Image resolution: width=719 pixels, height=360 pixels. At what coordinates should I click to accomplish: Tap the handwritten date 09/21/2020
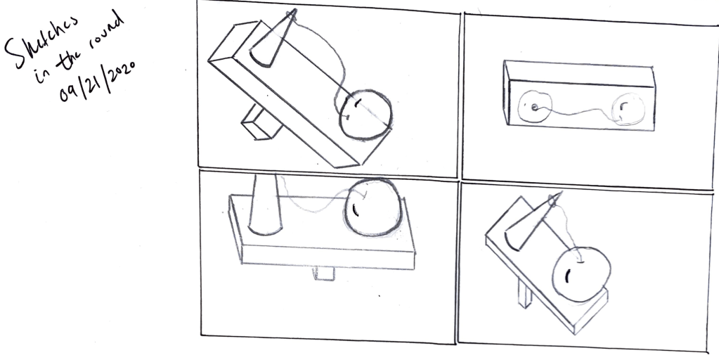pyautogui.click(x=97, y=81)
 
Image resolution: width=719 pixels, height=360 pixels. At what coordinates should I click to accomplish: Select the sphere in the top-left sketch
pyautogui.click(x=366, y=115)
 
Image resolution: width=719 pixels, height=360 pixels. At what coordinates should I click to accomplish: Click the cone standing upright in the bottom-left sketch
pyautogui.click(x=265, y=205)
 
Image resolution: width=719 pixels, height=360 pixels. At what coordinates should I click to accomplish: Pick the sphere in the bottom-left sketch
pyautogui.click(x=373, y=207)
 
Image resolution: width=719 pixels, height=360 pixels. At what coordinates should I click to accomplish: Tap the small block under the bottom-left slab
pyautogui.click(x=324, y=274)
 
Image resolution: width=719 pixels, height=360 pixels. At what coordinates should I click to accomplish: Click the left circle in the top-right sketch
pyautogui.click(x=535, y=106)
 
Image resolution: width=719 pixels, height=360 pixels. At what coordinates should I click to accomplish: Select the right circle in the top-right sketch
pyautogui.click(x=628, y=109)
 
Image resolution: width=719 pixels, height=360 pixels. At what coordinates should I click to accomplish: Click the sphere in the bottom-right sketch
pyautogui.click(x=581, y=274)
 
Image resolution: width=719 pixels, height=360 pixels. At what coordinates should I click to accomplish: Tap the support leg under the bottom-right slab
pyautogui.click(x=525, y=292)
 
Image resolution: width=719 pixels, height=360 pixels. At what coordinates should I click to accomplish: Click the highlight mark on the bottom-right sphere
pyautogui.click(x=568, y=276)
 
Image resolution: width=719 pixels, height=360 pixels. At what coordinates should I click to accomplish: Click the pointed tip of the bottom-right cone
pyautogui.click(x=562, y=193)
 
